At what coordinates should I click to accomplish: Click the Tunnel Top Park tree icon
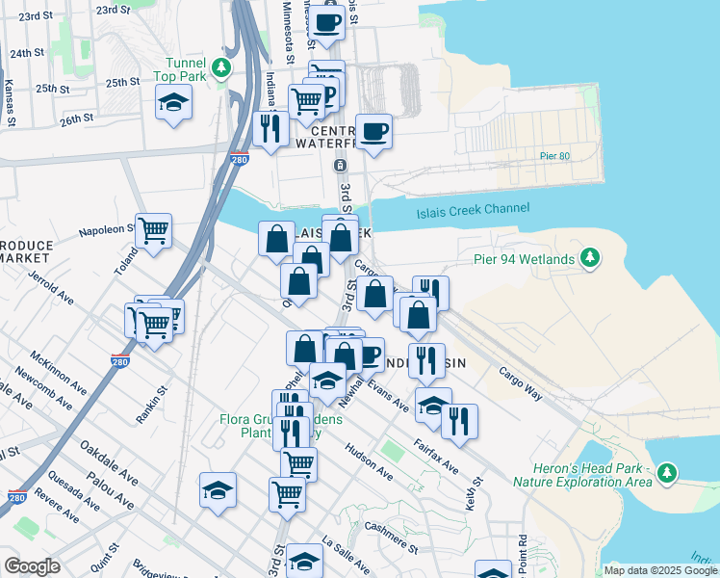222,66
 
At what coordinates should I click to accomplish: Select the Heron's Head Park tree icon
666,473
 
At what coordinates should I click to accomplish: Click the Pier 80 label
556,155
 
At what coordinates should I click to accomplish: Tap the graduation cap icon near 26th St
173,102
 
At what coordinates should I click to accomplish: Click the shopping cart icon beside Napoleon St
154,231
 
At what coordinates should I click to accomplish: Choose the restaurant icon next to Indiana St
270,128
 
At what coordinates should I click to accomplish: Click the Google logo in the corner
32,566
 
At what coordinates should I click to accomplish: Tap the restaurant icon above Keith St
459,421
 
